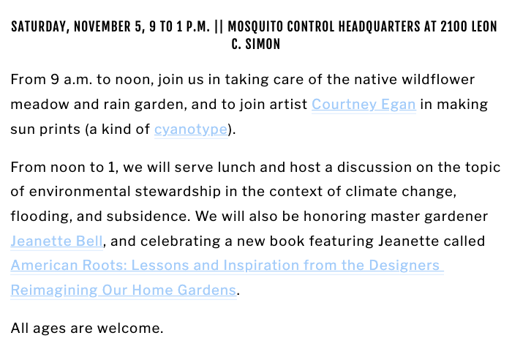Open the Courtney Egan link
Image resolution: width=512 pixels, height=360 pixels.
pos(364,105)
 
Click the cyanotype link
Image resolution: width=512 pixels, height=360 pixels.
pos(190,130)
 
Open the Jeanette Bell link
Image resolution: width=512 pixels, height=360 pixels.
pos(57,241)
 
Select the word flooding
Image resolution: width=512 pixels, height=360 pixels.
pos(37,217)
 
